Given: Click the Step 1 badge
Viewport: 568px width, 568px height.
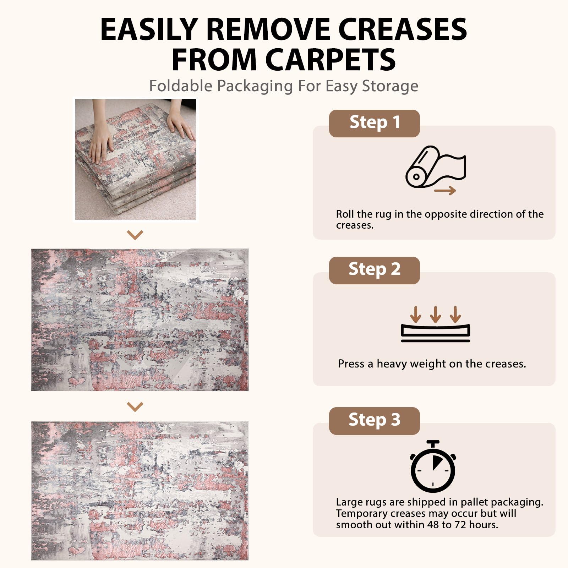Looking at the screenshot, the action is click(x=374, y=123).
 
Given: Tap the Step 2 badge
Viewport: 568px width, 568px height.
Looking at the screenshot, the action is click(x=374, y=270).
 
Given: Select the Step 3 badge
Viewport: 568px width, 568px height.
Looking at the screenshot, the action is click(x=374, y=421).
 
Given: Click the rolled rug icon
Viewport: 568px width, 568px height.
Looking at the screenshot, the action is click(x=435, y=167).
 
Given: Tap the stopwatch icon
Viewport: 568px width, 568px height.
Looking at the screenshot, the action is click(x=433, y=466).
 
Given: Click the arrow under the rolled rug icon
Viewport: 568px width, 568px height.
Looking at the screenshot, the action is click(x=445, y=191).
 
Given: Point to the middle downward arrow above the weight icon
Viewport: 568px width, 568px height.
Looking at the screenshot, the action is click(x=436, y=314).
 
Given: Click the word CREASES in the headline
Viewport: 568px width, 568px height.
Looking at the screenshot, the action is click(x=403, y=29).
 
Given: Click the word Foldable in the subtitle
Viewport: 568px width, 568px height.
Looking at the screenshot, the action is click(x=181, y=86).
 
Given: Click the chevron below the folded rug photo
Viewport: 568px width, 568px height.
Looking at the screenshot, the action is click(x=135, y=235).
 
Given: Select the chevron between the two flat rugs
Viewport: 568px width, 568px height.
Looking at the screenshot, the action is click(x=135, y=406).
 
